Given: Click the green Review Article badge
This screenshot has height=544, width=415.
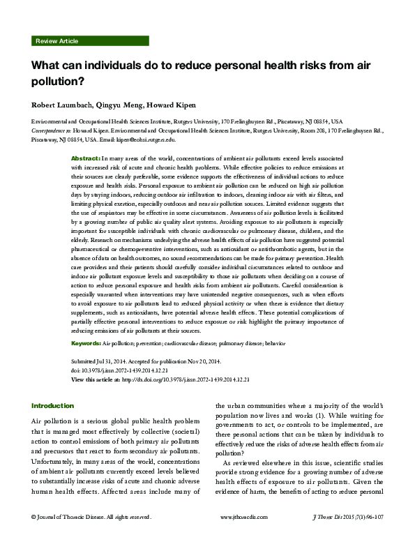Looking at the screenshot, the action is (58, 42).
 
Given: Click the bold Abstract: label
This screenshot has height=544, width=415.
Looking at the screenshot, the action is (86, 159).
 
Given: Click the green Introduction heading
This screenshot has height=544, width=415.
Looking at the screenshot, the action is (53, 406).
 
